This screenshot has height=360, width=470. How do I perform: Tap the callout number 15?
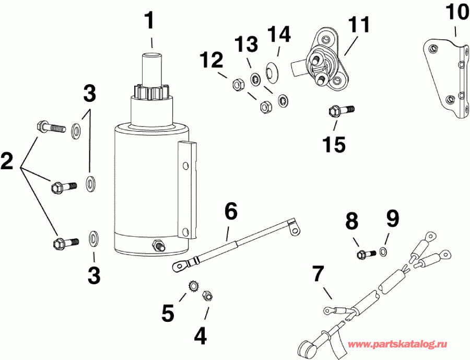pyautogui.click(x=334, y=144)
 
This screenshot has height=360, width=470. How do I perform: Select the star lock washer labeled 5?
pyautogui.click(x=192, y=287)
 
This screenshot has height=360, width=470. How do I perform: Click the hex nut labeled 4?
pyautogui.click(x=207, y=296)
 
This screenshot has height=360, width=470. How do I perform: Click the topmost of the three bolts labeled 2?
pyautogui.click(x=51, y=126)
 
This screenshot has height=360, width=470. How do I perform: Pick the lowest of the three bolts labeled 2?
pyautogui.click(x=65, y=242)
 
